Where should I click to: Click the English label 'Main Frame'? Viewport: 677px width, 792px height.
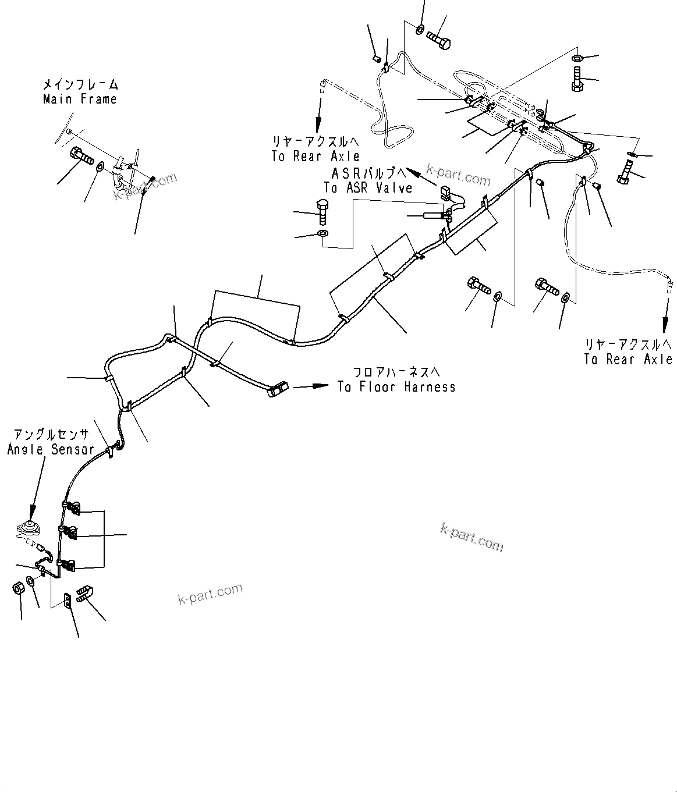[80, 99]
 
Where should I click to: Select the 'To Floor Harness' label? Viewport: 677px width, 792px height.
[396, 387]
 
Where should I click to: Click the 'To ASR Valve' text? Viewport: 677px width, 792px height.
[368, 188]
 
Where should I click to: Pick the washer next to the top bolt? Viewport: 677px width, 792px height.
[420, 29]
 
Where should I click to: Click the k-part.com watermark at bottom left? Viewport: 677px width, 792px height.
[210, 594]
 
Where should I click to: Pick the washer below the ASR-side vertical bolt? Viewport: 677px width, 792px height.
[323, 234]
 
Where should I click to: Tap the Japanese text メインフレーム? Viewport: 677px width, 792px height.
[80, 85]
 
